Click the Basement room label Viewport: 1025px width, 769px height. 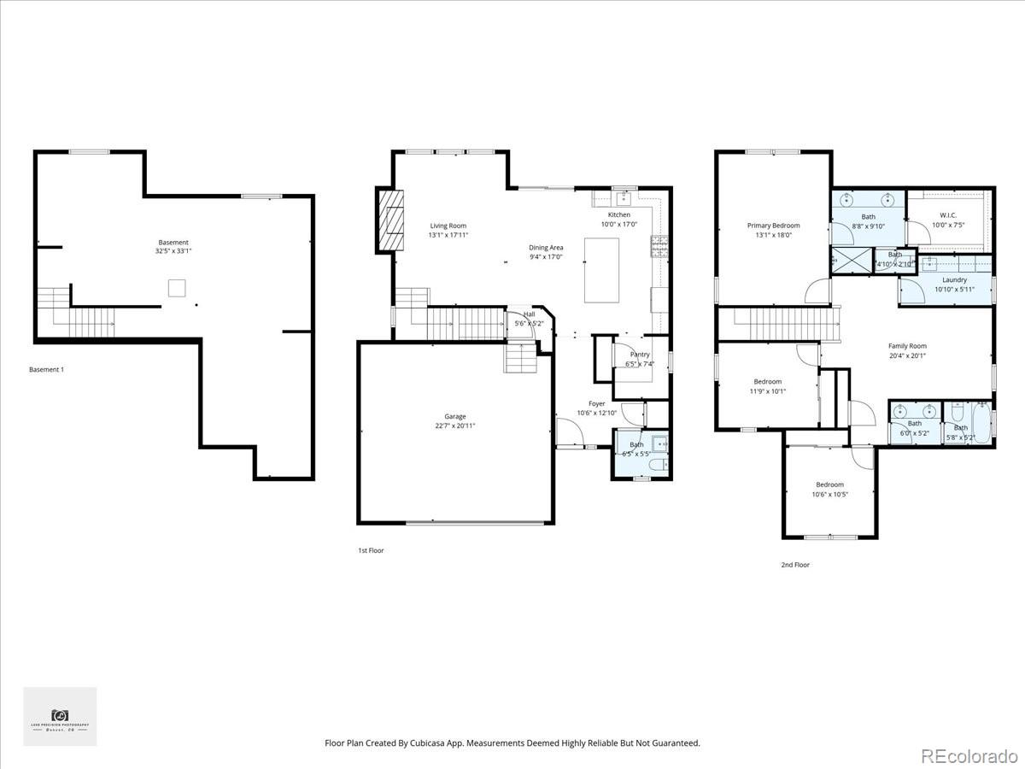click(x=173, y=243)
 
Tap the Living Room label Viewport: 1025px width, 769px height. click(x=448, y=226)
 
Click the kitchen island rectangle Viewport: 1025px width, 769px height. click(x=601, y=270)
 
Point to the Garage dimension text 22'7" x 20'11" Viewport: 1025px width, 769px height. click(x=454, y=426)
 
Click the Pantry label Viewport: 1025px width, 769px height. click(x=639, y=355)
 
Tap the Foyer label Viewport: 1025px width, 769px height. click(x=596, y=403)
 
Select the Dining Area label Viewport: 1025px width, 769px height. click(x=546, y=248)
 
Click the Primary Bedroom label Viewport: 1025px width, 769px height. click(x=773, y=226)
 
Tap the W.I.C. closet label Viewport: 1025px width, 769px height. click(x=948, y=215)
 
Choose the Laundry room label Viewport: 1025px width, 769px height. click(x=954, y=279)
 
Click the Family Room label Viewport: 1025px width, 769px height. click(x=906, y=346)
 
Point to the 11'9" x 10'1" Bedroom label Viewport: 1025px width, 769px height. click(x=767, y=381)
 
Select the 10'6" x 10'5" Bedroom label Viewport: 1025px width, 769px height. click(x=829, y=484)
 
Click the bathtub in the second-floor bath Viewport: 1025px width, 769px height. click(x=981, y=424)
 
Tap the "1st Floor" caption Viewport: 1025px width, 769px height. click(x=371, y=550)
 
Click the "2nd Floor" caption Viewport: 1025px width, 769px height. click(x=794, y=565)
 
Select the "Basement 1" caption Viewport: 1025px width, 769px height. click(x=46, y=369)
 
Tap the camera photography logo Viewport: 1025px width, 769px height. click(x=60, y=716)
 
